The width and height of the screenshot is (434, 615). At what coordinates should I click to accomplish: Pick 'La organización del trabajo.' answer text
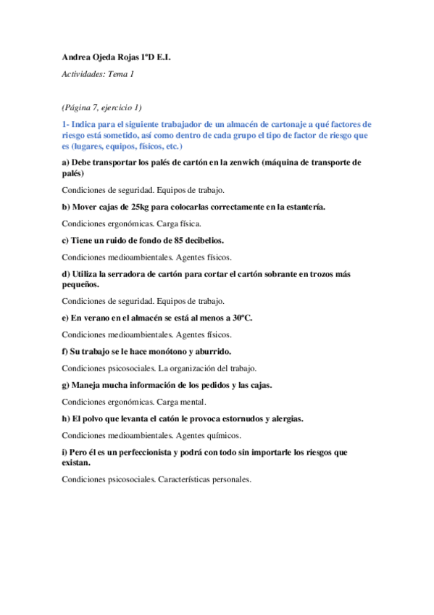(x=207, y=368)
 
